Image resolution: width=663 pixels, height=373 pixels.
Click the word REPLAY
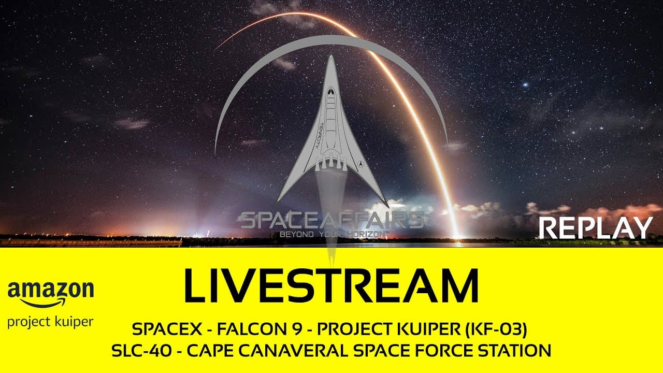point(596,228)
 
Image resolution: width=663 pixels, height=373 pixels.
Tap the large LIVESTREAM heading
point(331,286)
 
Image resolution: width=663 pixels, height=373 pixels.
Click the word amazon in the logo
point(51,291)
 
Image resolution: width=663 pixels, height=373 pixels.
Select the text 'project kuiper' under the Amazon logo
point(50,322)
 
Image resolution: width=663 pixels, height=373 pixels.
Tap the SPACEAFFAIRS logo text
point(332,220)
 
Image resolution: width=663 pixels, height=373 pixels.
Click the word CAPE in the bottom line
point(208,351)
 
